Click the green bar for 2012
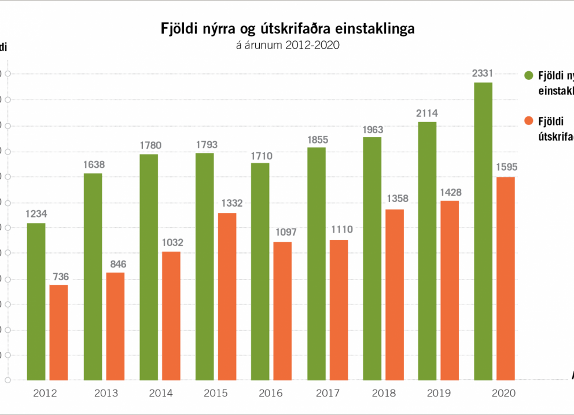[x=36, y=302]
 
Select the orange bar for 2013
[x=115, y=326]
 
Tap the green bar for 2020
[x=483, y=232]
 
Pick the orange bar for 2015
[x=227, y=296]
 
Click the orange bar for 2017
[x=338, y=310]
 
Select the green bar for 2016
[x=260, y=271]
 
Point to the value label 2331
[x=483, y=73]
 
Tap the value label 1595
[x=506, y=168]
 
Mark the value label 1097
[x=284, y=233]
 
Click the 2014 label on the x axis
[x=160, y=394]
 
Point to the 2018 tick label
[x=384, y=394]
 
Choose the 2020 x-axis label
[x=502, y=394]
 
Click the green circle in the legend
[x=528, y=75]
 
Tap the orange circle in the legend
[x=528, y=121]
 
